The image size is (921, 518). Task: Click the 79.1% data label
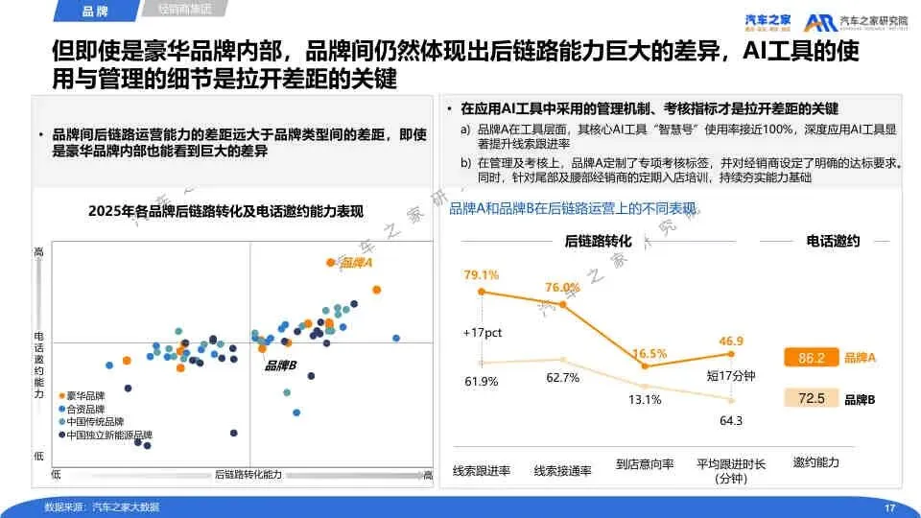(x=482, y=275)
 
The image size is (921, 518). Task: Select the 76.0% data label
(x=562, y=287)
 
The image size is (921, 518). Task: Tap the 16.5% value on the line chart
(x=649, y=353)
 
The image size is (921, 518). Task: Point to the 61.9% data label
(x=482, y=381)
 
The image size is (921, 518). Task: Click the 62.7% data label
(x=563, y=377)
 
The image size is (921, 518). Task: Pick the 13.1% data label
(x=645, y=400)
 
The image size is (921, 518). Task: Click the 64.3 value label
(x=731, y=420)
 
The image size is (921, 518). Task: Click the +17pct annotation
(x=479, y=332)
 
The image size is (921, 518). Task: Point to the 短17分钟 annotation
(x=731, y=375)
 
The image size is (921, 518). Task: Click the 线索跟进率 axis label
(x=482, y=470)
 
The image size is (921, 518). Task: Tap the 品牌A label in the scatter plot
(x=356, y=262)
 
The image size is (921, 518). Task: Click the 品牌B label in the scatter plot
(x=280, y=365)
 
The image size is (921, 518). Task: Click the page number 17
(x=888, y=506)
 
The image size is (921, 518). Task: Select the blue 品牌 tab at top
(x=96, y=12)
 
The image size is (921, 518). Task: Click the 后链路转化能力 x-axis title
(x=248, y=475)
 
